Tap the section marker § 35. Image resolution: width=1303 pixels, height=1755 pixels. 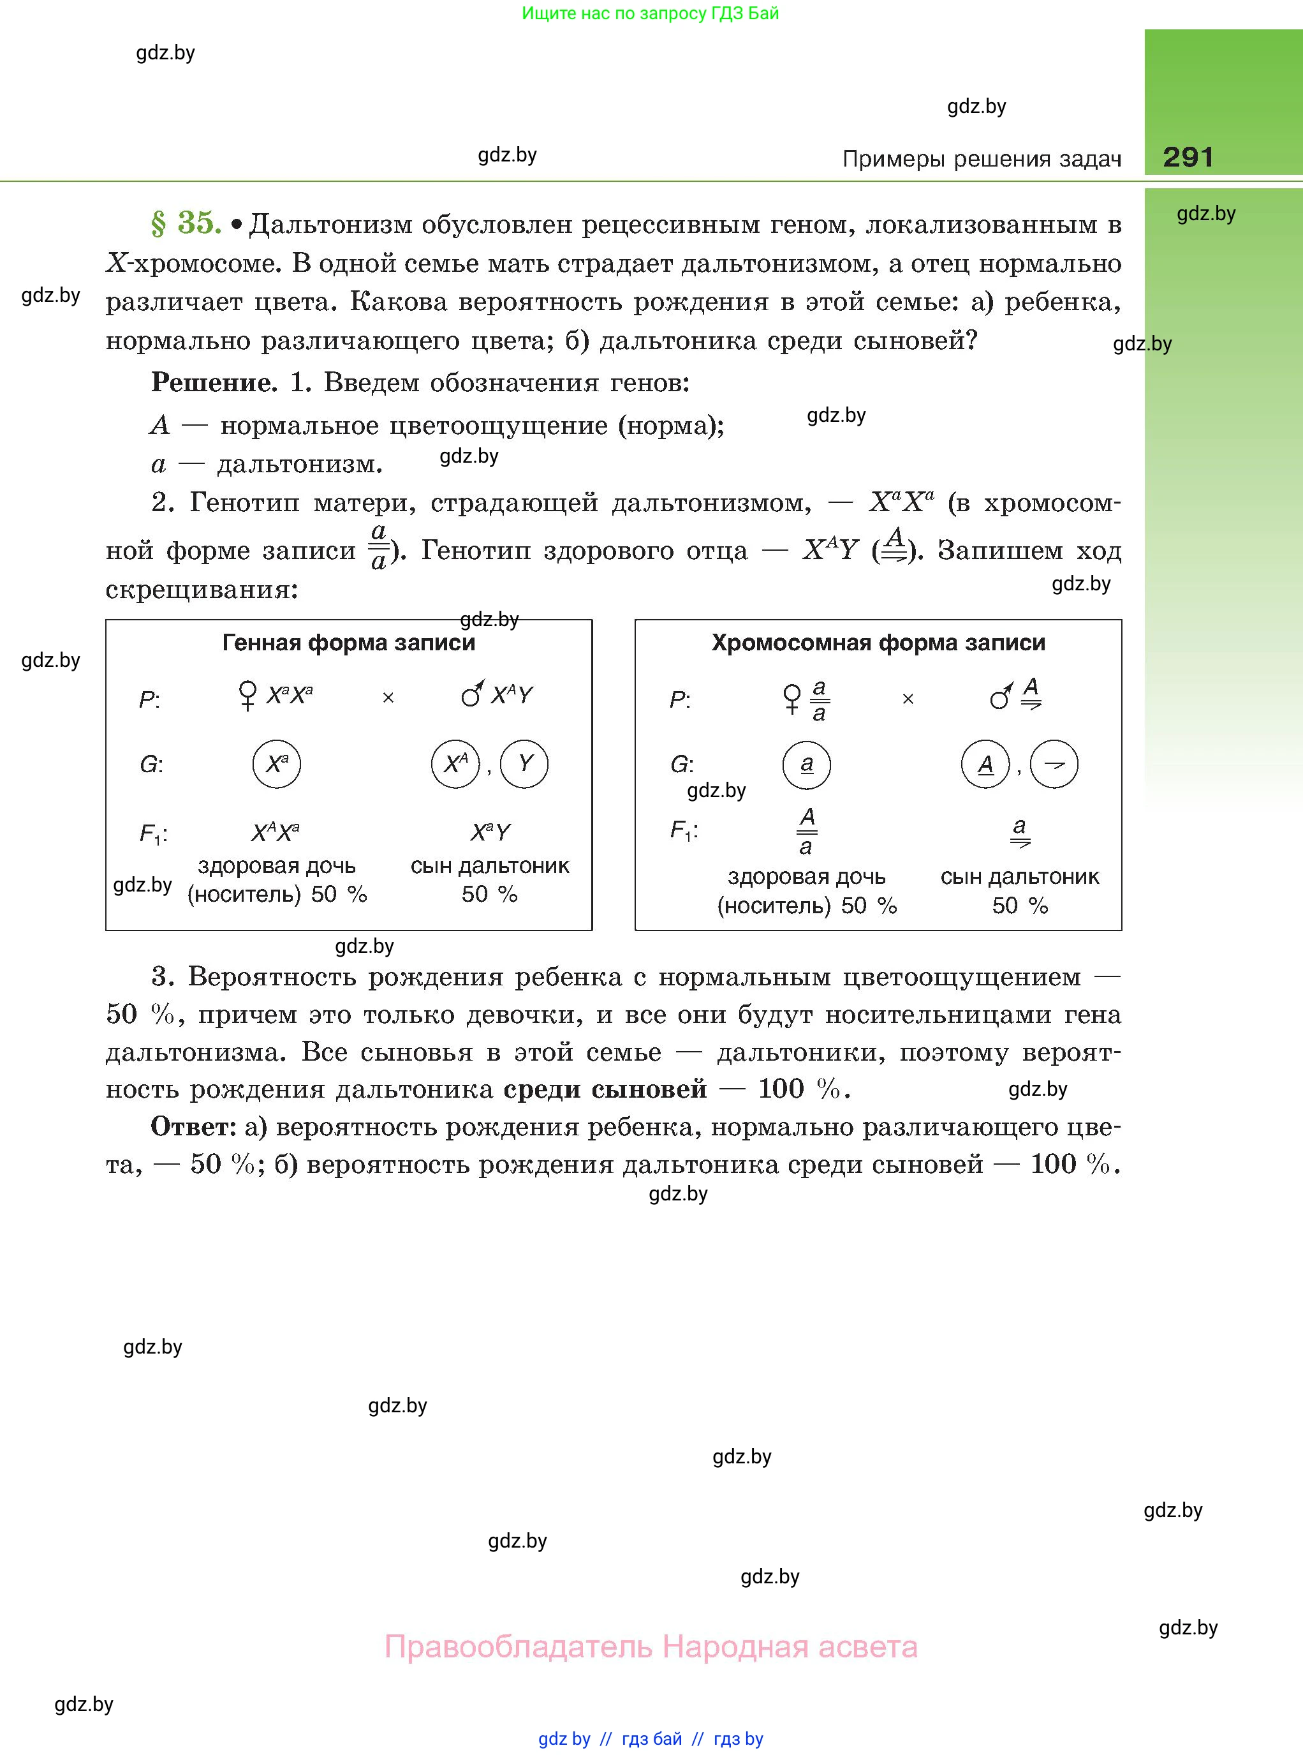[186, 223]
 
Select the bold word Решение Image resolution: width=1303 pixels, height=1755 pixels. [214, 383]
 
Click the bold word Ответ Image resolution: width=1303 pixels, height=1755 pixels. [193, 1127]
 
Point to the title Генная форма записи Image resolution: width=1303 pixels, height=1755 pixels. [349, 643]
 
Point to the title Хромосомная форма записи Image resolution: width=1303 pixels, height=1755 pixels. [878, 643]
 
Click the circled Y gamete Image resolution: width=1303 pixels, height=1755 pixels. [524, 764]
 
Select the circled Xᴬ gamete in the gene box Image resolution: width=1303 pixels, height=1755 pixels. [455, 764]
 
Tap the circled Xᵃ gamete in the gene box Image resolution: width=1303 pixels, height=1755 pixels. [277, 764]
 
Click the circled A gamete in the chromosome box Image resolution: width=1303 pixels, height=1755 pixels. [985, 765]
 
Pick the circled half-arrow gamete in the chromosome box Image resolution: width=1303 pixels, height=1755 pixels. [1054, 764]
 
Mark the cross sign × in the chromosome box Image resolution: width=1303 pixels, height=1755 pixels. [908, 699]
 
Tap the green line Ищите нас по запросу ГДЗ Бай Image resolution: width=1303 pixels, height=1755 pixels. [650, 13]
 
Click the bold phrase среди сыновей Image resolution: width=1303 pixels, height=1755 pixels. [605, 1089]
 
